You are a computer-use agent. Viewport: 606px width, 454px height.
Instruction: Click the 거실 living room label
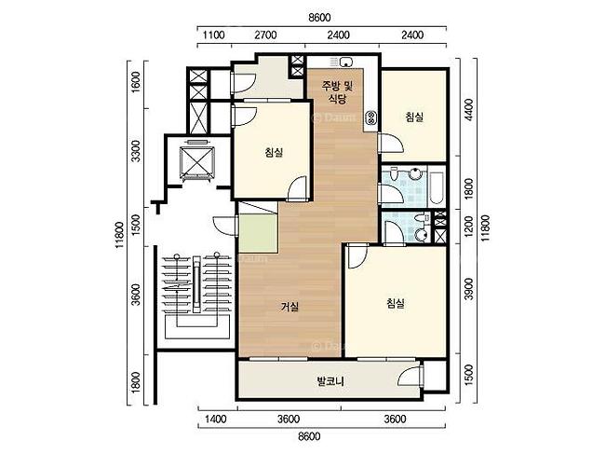coord(290,307)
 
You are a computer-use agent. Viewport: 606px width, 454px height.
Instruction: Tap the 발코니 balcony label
coord(330,381)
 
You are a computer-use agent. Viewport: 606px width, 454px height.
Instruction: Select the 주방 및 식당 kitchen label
coord(337,92)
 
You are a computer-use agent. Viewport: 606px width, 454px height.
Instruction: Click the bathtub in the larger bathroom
coord(437,185)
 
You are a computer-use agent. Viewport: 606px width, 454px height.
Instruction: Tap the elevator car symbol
coord(196,163)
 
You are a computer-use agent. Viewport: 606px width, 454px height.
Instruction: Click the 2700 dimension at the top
coord(265,35)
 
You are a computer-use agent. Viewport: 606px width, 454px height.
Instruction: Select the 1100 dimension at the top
coord(213,35)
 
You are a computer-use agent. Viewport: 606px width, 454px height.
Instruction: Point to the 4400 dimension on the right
coord(469,110)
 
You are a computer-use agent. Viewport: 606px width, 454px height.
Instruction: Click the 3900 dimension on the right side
coord(469,288)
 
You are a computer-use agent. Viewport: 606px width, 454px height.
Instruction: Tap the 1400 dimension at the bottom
coord(216,420)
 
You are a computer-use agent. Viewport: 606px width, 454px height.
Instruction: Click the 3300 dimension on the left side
coord(136,151)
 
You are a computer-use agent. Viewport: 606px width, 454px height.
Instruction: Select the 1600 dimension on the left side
coord(136,82)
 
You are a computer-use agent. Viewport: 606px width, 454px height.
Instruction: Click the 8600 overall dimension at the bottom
coord(309,436)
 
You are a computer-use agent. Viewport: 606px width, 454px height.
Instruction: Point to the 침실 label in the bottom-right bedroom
coord(396,303)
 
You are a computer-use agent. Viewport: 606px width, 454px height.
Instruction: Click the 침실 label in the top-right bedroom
coord(414,117)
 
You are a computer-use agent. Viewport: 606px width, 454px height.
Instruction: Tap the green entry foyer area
coord(258,234)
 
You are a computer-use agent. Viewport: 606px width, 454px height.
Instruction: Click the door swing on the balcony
coord(411,375)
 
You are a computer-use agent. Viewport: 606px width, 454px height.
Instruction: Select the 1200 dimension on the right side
coord(469,227)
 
